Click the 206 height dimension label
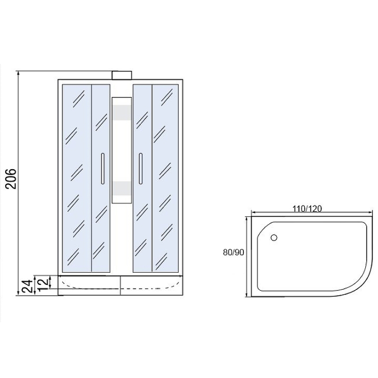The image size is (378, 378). coord(11,179)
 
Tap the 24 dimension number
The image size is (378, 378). coord(27,286)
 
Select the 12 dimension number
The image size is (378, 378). coord(43,282)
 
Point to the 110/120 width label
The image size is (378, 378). coord(307,208)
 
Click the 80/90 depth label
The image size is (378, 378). coord(233,252)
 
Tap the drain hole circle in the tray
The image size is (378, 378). coord(274,238)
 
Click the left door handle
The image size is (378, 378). coord(103,169)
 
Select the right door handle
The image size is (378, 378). coord(140,169)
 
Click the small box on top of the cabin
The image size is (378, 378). coord(122,75)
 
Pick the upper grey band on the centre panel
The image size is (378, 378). coord(122,112)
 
